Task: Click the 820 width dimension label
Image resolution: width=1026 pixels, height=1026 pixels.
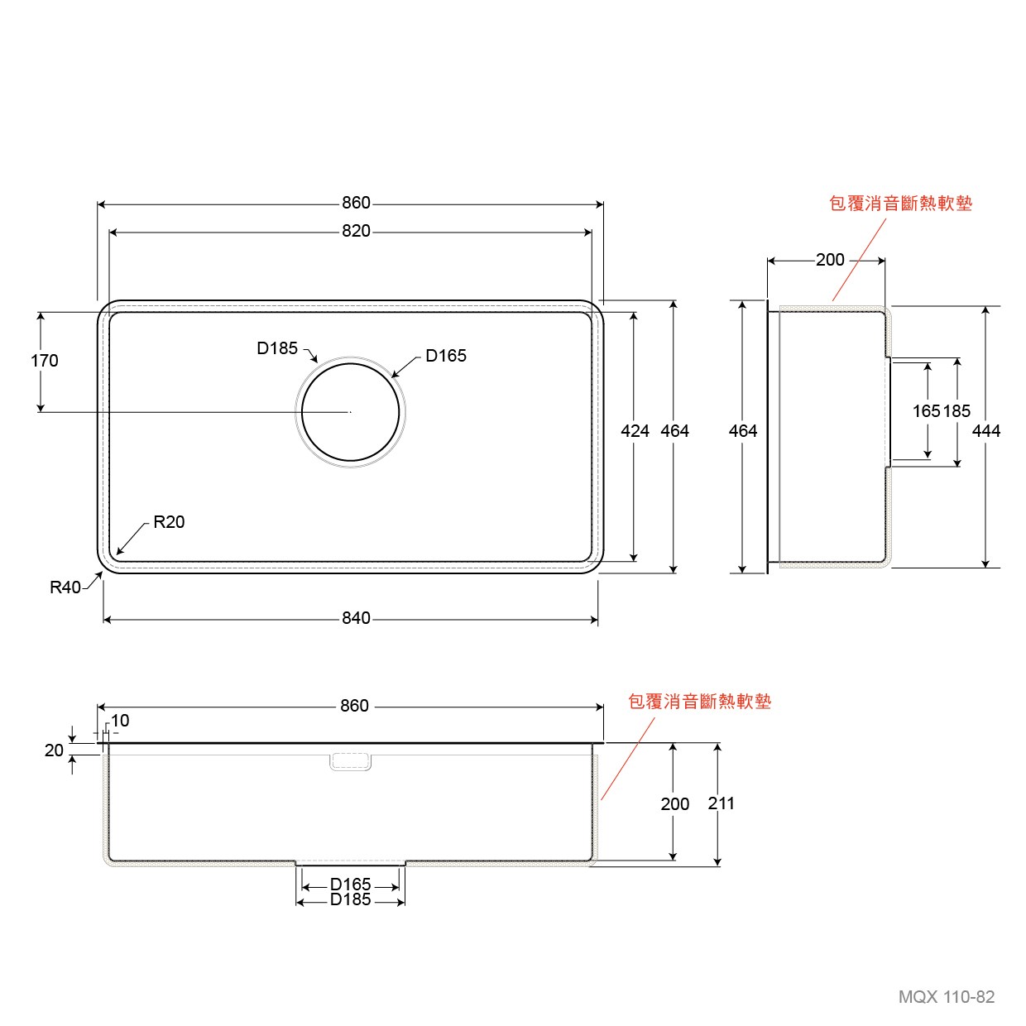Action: (x=356, y=231)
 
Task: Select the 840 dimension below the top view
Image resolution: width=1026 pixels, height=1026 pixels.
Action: (x=356, y=618)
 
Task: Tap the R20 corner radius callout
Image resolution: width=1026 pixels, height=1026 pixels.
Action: (x=169, y=522)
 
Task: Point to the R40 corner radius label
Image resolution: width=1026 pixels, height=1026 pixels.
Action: (x=65, y=587)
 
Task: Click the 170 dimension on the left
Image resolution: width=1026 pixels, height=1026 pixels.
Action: (x=44, y=361)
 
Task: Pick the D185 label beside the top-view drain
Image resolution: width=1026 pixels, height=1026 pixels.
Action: (x=277, y=348)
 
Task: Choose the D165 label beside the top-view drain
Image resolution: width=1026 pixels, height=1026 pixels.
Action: (x=446, y=356)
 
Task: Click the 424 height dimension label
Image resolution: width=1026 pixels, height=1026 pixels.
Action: (x=635, y=431)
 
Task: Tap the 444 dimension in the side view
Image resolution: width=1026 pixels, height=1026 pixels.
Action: (x=986, y=431)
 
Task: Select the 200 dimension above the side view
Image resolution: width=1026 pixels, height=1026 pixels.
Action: (x=830, y=260)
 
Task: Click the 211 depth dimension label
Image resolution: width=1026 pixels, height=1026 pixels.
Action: (x=721, y=803)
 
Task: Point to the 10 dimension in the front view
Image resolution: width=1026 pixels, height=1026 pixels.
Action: (x=120, y=721)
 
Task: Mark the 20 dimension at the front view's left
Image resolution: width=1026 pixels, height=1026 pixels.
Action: (x=54, y=750)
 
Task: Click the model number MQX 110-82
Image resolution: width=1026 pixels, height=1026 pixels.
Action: (x=946, y=997)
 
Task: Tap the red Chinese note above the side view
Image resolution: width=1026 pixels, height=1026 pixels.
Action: (x=901, y=204)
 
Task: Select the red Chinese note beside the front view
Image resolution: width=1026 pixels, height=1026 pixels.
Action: (x=700, y=702)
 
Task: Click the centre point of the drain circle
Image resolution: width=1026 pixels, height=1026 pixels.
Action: (x=350, y=412)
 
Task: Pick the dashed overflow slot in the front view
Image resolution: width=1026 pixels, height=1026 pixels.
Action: (x=350, y=762)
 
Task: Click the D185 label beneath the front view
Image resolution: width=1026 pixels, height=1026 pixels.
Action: (x=350, y=899)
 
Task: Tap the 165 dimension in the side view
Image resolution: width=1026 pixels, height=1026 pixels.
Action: (x=927, y=411)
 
